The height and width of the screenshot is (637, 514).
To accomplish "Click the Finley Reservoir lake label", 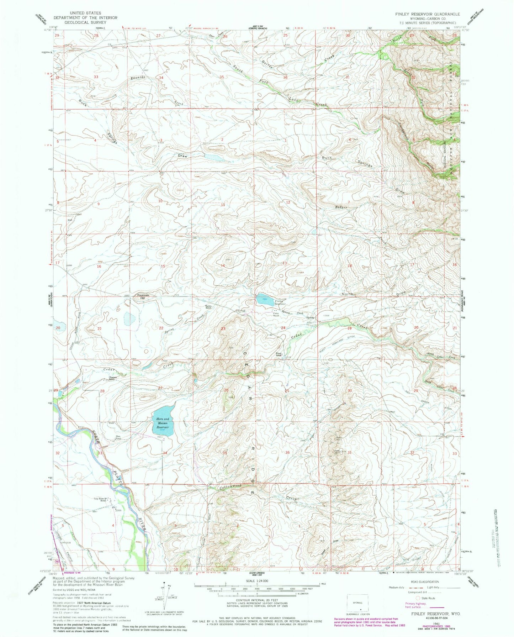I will [281, 302].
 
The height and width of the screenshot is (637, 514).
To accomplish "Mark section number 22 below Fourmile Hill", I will [161, 328].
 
